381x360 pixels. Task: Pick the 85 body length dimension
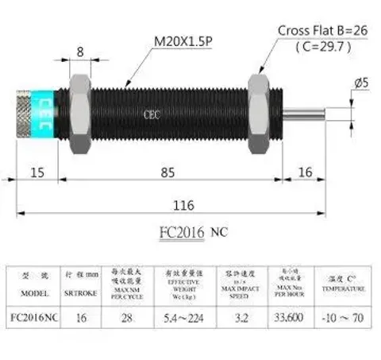point(164,172)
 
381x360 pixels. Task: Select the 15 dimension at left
point(37,172)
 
